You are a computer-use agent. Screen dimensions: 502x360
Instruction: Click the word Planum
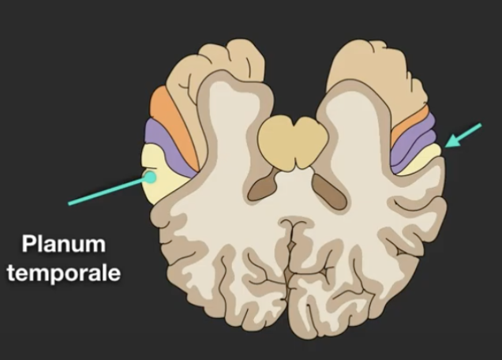click(63, 244)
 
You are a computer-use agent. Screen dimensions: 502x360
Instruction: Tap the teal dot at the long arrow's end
click(148, 178)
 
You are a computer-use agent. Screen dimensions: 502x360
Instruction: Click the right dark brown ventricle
click(329, 190)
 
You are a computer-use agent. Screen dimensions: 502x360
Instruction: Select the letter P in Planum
click(28, 244)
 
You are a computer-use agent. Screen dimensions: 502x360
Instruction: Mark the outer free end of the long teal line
click(69, 204)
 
